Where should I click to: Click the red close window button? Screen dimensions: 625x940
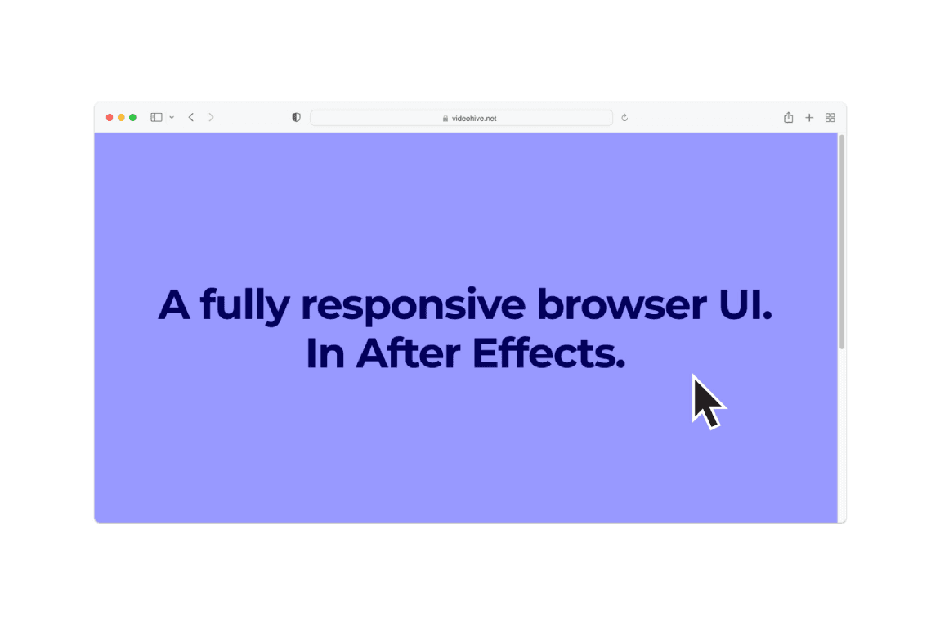110,118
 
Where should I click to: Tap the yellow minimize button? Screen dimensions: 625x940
121,118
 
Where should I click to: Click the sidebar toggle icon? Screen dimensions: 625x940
156,118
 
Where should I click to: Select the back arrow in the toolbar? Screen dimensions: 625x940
191,118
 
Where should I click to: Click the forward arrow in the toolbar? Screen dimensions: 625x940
211,118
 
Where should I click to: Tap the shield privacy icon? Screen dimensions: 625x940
297,118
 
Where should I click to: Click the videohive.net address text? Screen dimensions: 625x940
474,119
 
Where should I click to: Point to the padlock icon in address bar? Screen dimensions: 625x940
445,119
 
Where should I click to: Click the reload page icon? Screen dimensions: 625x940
624,118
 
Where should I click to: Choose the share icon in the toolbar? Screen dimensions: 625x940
789,118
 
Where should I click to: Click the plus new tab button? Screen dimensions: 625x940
809,118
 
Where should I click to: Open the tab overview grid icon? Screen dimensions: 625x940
830,118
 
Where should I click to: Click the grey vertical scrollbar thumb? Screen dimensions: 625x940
842,241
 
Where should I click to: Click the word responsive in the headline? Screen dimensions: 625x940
414,305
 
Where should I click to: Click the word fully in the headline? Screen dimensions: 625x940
244,306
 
